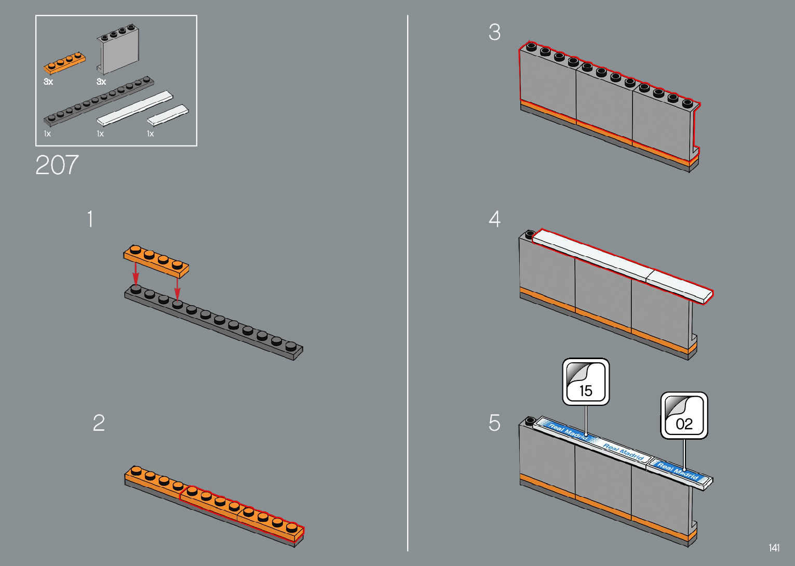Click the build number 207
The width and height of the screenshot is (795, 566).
click(x=57, y=165)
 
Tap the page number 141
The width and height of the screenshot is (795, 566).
click(x=774, y=548)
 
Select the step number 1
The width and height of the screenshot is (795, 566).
click(x=90, y=218)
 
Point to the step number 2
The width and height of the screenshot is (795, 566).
click(x=99, y=423)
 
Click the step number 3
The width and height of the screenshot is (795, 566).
click(x=494, y=32)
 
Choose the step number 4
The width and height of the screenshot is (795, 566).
click(x=494, y=218)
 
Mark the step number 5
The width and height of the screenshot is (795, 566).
click(x=494, y=423)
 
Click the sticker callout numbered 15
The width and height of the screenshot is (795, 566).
click(x=586, y=381)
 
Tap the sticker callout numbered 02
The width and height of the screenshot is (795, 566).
click(x=684, y=415)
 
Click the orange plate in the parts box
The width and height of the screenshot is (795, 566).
click(x=64, y=63)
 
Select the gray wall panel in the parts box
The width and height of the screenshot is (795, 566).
click(x=118, y=49)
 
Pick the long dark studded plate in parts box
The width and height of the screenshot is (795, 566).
click(x=99, y=101)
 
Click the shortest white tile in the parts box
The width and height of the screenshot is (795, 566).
click(x=168, y=115)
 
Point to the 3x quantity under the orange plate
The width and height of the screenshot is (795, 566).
click(x=48, y=82)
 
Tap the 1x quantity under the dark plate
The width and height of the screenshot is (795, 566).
click(x=47, y=134)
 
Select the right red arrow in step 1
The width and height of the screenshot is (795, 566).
click(x=177, y=288)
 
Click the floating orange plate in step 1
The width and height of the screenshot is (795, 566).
click(x=156, y=261)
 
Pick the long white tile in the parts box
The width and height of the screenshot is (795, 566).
click(x=135, y=109)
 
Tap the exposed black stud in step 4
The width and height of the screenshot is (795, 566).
click(x=530, y=234)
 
